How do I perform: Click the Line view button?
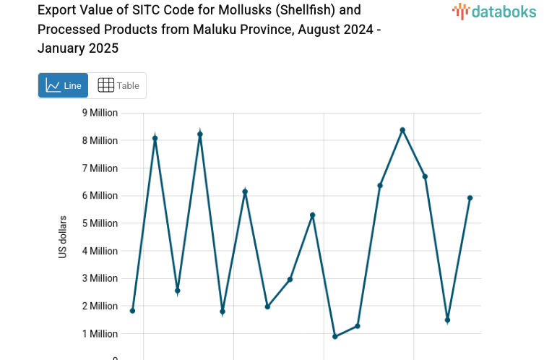63,85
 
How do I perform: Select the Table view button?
118,85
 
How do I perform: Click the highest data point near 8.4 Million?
402,130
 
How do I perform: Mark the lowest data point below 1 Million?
335,337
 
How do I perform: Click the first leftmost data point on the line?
132,311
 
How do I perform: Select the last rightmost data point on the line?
470,198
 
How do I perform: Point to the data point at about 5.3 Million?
313,215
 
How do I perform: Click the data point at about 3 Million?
290,280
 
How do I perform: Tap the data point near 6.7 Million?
425,176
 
